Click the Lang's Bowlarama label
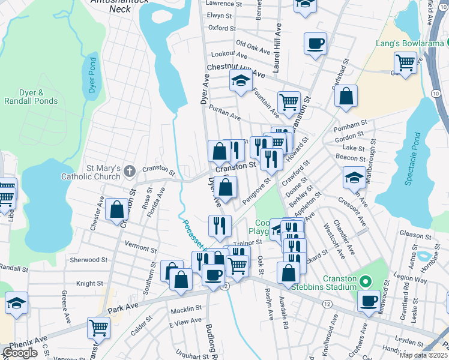tap(409, 43)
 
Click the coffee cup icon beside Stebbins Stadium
tap(369, 299)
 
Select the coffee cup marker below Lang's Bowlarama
tap(316, 43)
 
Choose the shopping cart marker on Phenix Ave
tap(99, 328)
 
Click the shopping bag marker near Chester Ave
tap(116, 209)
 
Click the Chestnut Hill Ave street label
tap(236, 70)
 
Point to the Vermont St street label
tap(140, 245)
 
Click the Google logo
tap(20, 352)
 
